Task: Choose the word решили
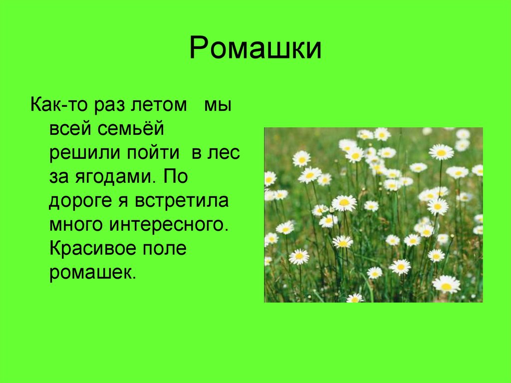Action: click(x=80, y=154)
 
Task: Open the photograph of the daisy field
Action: click(x=373, y=215)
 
